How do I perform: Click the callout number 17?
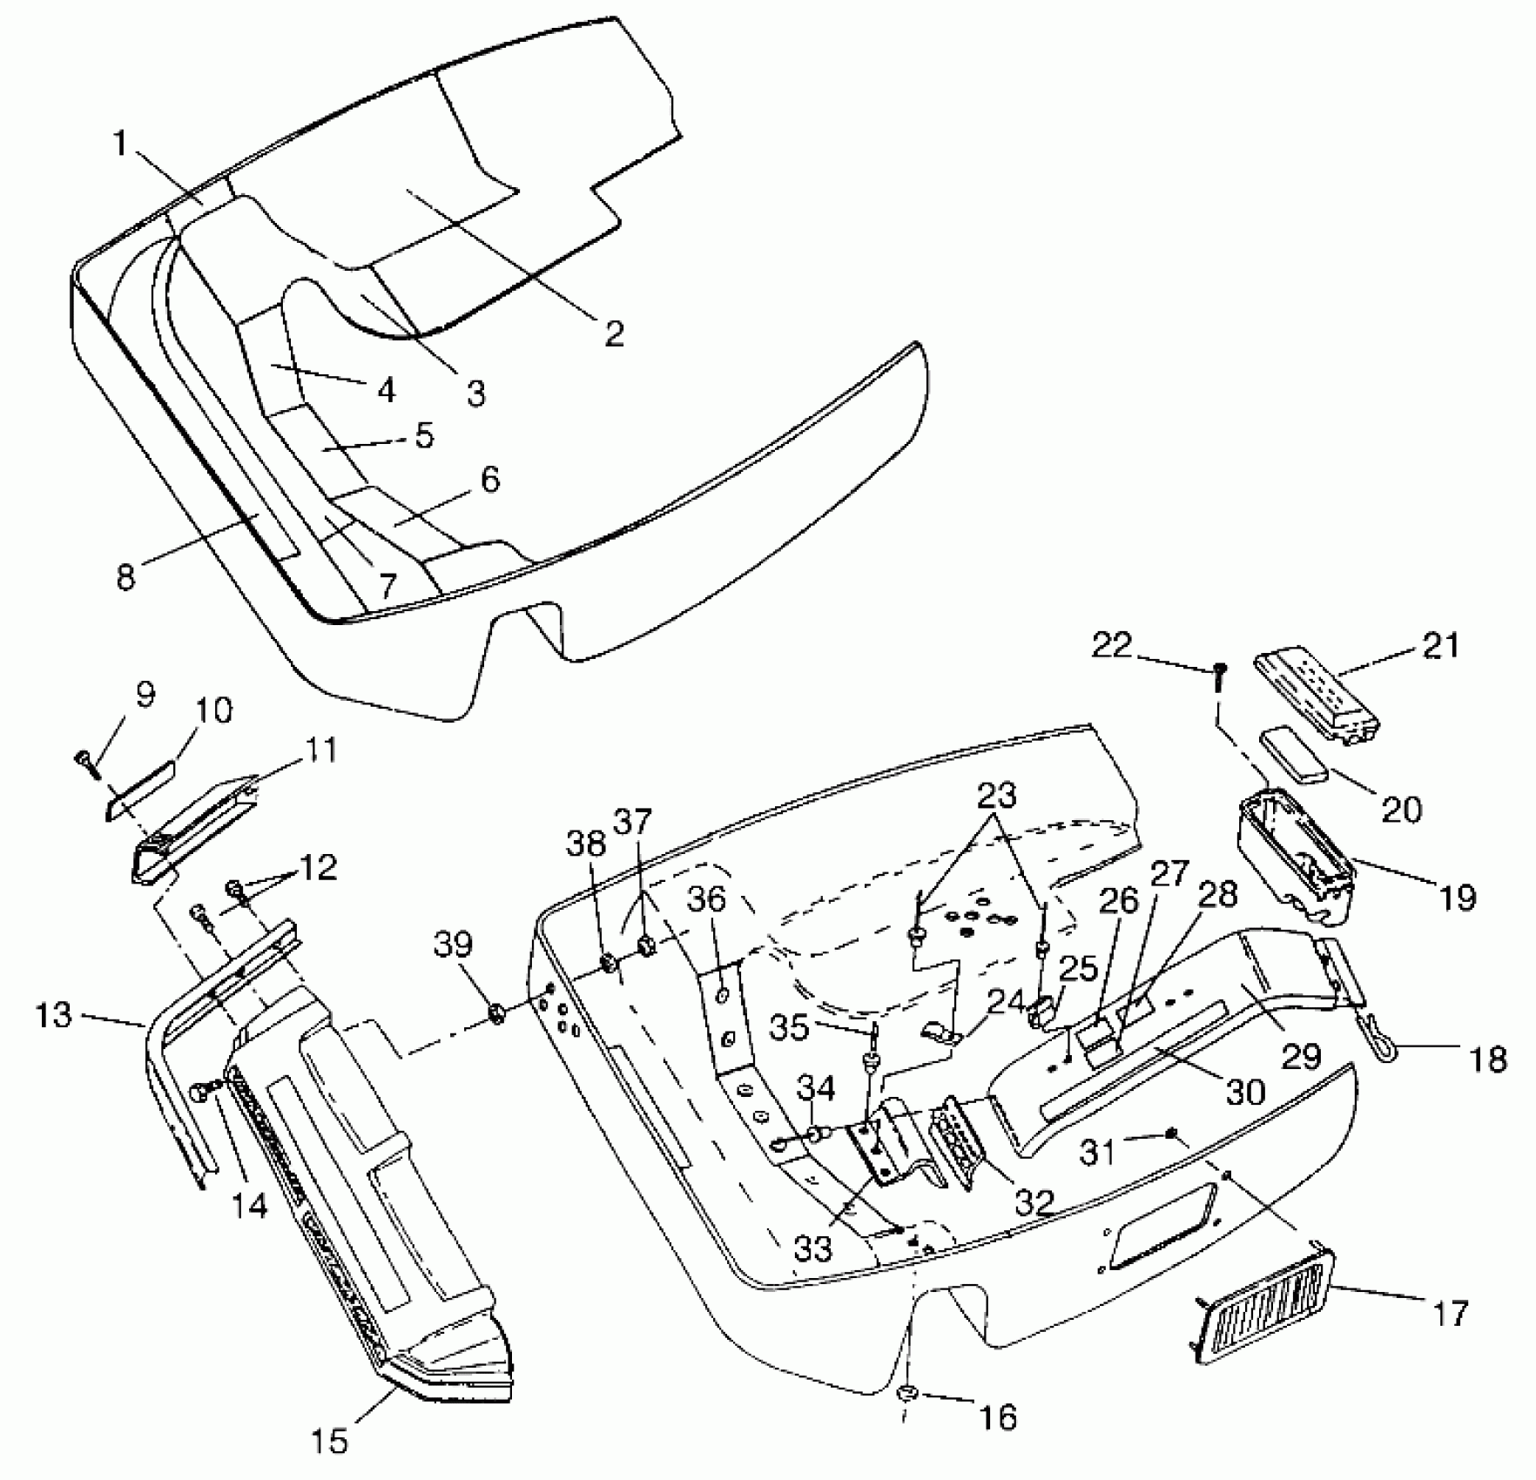coord(1450,1311)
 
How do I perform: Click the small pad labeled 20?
coord(1294,752)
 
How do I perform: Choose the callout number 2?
coord(614,332)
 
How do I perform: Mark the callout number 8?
coord(126,575)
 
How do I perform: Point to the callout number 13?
coord(54,1014)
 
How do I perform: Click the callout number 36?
coord(708,900)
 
